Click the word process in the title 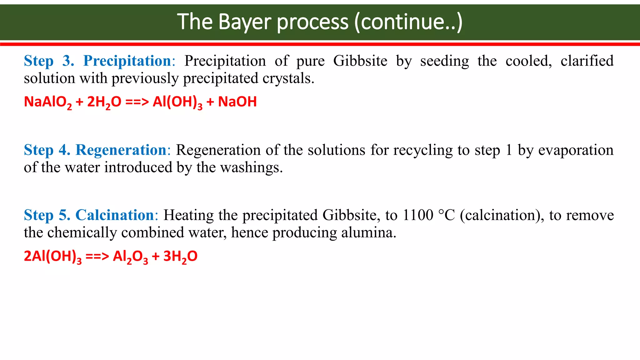(x=312, y=22)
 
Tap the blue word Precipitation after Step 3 (x=127, y=61)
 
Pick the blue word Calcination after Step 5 (x=115, y=215)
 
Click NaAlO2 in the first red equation (x=48, y=102)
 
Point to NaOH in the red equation (x=237, y=102)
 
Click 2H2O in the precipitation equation (x=104, y=102)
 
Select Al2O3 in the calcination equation (x=130, y=256)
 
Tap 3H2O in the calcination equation (x=180, y=256)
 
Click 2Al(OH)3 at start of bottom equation (x=52, y=256)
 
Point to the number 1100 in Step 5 (x=418, y=215)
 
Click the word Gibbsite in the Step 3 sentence (x=360, y=61)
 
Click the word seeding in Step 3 (x=444, y=61)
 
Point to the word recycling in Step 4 (x=422, y=150)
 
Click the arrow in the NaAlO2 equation (x=137, y=102)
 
